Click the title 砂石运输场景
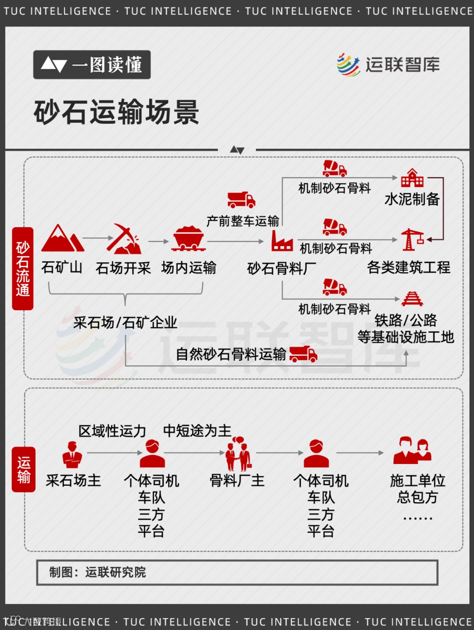click(x=116, y=112)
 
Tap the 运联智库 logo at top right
click(x=388, y=65)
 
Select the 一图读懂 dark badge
click(x=92, y=65)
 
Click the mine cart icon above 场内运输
click(x=189, y=239)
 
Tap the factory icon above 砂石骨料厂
click(x=281, y=241)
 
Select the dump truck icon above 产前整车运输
click(x=241, y=199)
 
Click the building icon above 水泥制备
click(x=412, y=178)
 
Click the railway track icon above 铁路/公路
click(x=412, y=299)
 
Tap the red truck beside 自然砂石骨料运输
click(x=303, y=354)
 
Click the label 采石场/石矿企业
click(x=125, y=323)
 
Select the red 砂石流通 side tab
click(x=23, y=268)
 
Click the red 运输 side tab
click(x=24, y=469)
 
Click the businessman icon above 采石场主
click(x=72, y=455)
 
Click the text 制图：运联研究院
click(x=97, y=572)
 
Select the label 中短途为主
click(x=197, y=431)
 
